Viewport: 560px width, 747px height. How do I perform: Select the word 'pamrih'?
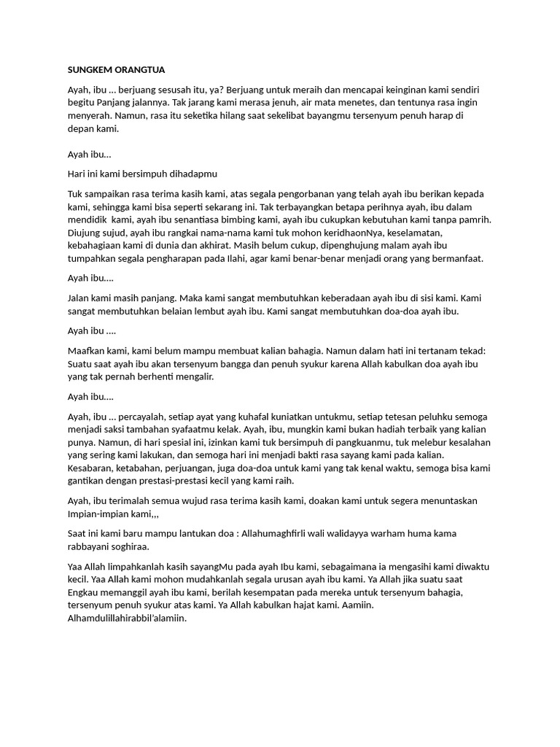(x=472, y=220)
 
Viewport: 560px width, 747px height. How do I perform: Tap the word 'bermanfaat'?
(x=461, y=258)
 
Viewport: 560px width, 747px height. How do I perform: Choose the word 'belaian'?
(x=171, y=311)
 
